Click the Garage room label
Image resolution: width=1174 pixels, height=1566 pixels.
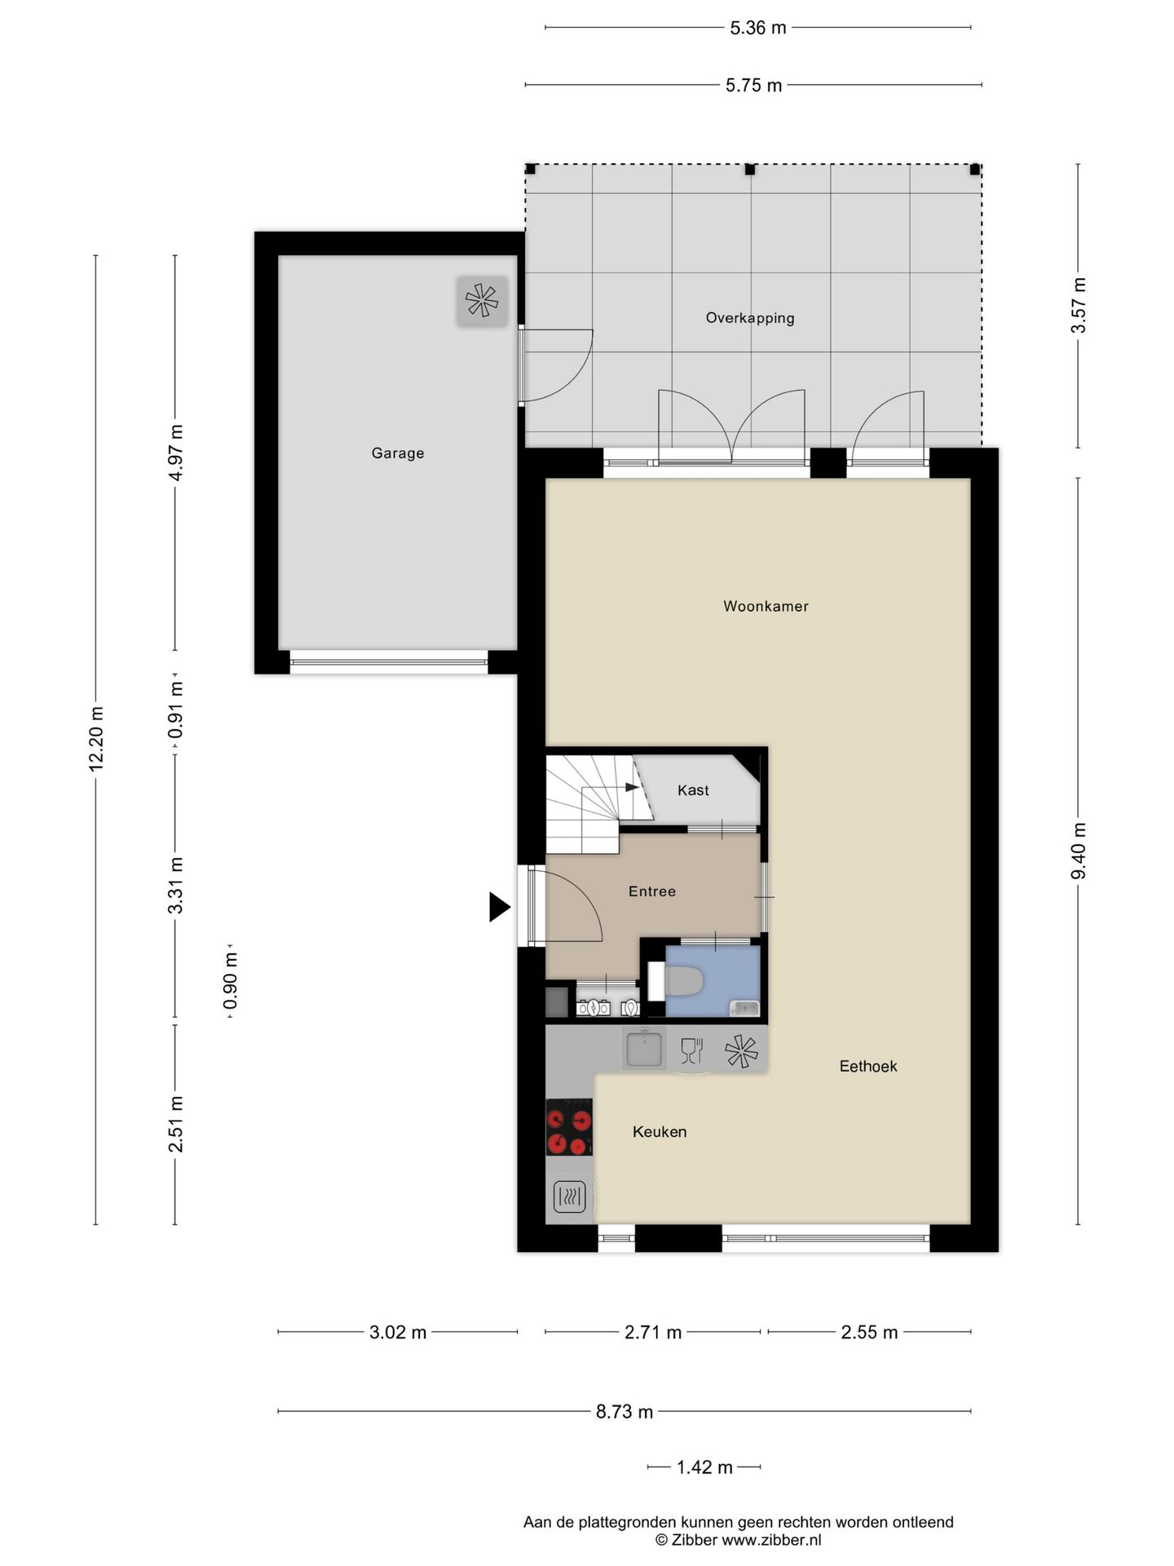click(398, 453)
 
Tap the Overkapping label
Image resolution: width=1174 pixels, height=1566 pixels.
click(749, 318)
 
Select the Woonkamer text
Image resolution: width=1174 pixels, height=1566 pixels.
click(766, 606)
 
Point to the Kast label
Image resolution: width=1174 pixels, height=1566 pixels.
click(693, 790)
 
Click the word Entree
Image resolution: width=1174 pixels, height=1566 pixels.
click(651, 891)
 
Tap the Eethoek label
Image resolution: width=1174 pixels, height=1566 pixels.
click(867, 1066)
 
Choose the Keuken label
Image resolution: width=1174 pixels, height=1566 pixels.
click(660, 1131)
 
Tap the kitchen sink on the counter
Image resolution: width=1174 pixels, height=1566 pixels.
click(644, 1049)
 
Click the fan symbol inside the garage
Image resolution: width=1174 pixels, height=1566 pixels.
click(482, 300)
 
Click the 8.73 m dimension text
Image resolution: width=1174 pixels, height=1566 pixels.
click(624, 1412)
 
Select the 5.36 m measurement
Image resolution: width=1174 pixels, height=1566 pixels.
click(757, 28)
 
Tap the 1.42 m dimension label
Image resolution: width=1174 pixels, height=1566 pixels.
click(704, 1467)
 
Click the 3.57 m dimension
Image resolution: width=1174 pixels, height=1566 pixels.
click(1079, 305)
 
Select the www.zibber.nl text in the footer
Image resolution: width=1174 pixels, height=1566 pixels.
click(771, 1540)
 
